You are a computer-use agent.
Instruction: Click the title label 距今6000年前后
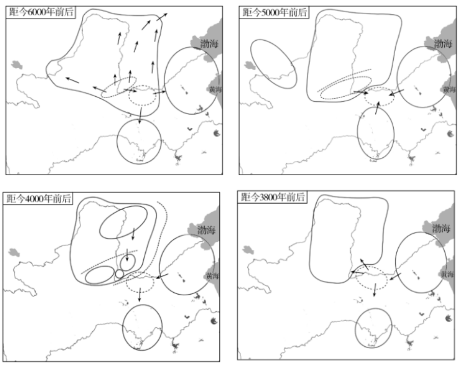[x=41, y=12]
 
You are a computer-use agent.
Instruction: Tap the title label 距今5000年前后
[x=274, y=12]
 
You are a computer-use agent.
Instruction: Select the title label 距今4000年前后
[x=39, y=199]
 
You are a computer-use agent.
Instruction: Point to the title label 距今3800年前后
[x=272, y=196]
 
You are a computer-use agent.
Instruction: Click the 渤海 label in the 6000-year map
[x=209, y=44]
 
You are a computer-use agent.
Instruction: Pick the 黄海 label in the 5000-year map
[x=449, y=89]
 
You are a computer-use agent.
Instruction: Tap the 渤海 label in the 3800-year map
[x=441, y=228]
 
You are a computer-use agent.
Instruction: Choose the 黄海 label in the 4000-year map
[x=212, y=275]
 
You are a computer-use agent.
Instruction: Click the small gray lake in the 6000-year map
[x=17, y=65]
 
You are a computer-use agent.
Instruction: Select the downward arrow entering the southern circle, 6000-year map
[x=140, y=116]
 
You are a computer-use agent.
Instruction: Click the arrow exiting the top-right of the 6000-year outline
[x=162, y=17]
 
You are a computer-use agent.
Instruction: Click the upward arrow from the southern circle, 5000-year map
[x=377, y=108]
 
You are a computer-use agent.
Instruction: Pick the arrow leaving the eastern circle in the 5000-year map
[x=396, y=93]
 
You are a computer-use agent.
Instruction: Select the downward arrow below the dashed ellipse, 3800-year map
[x=374, y=290]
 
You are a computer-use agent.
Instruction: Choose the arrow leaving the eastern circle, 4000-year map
[x=162, y=276]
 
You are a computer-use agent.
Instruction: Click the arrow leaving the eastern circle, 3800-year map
[x=395, y=277]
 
